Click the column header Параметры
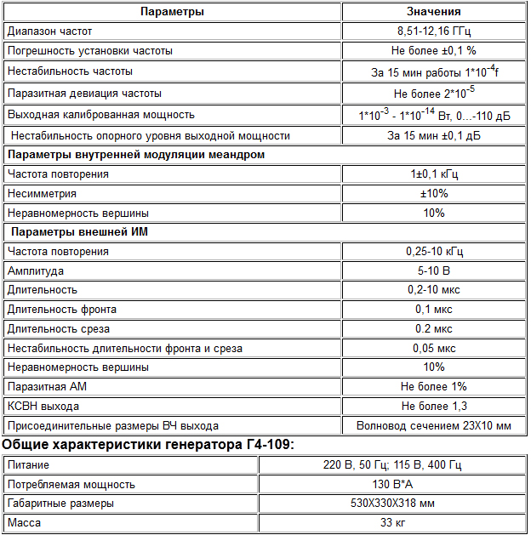pos(172,12)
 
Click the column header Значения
pos(433,12)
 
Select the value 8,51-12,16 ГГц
pos(433,31)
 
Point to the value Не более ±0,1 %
pos(433,51)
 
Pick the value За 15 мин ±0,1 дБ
pos(433,136)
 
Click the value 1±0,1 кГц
pos(433,174)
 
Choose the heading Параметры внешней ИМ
pos(73,232)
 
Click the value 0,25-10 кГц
pos(433,252)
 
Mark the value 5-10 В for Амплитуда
pos(433,271)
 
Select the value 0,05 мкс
pos(433,349)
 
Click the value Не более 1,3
pos(433,407)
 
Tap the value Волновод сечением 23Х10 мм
pos(433,426)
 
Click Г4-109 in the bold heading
pos(263,446)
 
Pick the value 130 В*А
pos(391,485)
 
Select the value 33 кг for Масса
pos(391,523)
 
